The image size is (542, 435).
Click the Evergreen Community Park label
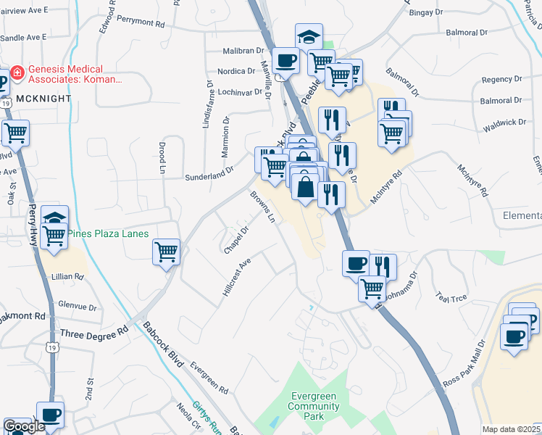pyautogui.click(x=314, y=401)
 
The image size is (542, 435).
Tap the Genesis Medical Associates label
pyautogui.click(x=75, y=73)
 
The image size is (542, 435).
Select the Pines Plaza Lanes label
pyautogui.click(x=108, y=233)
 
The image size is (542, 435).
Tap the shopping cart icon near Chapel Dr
pyautogui.click(x=166, y=252)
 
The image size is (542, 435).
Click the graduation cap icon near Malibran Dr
pyautogui.click(x=309, y=36)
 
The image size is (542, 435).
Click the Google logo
pyautogui.click(x=24, y=426)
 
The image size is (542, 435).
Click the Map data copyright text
pyautogui.click(x=511, y=429)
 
